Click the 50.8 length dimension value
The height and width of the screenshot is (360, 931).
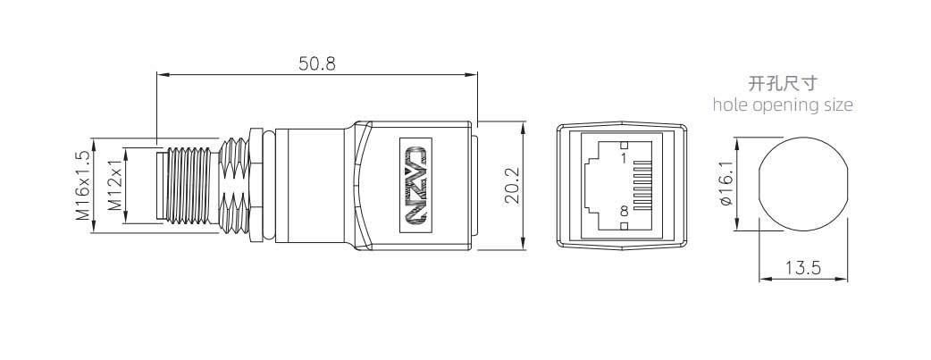(317, 64)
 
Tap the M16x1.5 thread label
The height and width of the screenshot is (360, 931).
(82, 186)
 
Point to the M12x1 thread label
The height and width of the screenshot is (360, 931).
(113, 186)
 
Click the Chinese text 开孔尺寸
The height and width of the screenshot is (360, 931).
(782, 85)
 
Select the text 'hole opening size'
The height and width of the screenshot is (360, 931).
(783, 105)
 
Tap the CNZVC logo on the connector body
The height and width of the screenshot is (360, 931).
(415, 186)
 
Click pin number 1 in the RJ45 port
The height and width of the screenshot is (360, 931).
(624, 157)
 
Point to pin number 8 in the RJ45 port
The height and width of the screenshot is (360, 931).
(624, 213)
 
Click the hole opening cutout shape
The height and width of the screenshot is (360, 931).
(802, 186)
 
